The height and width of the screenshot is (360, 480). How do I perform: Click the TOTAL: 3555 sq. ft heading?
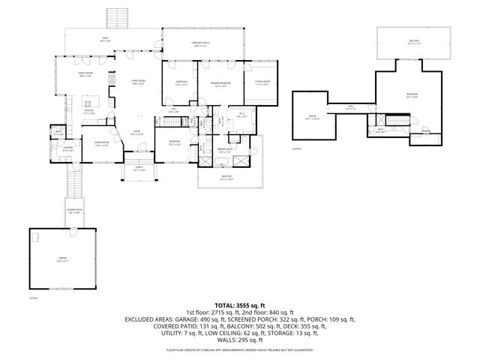point(240,305)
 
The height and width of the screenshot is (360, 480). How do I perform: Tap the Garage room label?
point(62,259)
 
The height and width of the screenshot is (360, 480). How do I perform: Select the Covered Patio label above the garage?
point(73,211)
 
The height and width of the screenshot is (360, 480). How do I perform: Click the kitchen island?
point(90,102)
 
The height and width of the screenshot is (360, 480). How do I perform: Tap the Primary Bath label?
point(225,151)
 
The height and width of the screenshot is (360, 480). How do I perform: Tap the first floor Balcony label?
point(226,178)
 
